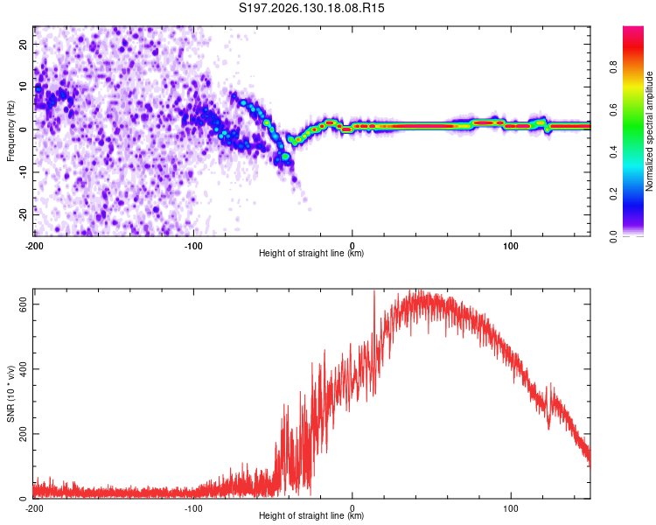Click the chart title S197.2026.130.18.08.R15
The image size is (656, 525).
click(311, 8)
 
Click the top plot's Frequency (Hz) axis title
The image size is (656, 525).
click(10, 131)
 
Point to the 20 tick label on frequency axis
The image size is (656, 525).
click(24, 45)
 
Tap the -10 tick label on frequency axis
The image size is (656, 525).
click(24, 171)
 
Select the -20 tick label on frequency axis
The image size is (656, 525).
click(24, 214)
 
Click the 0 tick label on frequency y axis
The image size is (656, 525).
click(24, 129)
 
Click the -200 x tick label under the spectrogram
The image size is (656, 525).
click(34, 246)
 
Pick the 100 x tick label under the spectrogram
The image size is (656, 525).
click(511, 246)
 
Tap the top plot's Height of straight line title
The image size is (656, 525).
click(311, 253)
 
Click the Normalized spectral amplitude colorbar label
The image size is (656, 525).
click(649, 130)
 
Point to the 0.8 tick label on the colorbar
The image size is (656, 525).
click(613, 67)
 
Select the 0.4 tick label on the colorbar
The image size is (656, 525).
click(613, 152)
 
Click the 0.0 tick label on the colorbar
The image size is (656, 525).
click(613, 236)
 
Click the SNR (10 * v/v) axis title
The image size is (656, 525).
click(10, 394)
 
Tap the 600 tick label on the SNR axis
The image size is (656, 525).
click(24, 304)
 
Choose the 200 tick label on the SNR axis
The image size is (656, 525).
click(24, 434)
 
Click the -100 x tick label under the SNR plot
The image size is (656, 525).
click(193, 508)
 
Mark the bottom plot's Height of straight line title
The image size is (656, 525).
click(311, 515)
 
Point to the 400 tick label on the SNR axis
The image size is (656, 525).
click(24, 369)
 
